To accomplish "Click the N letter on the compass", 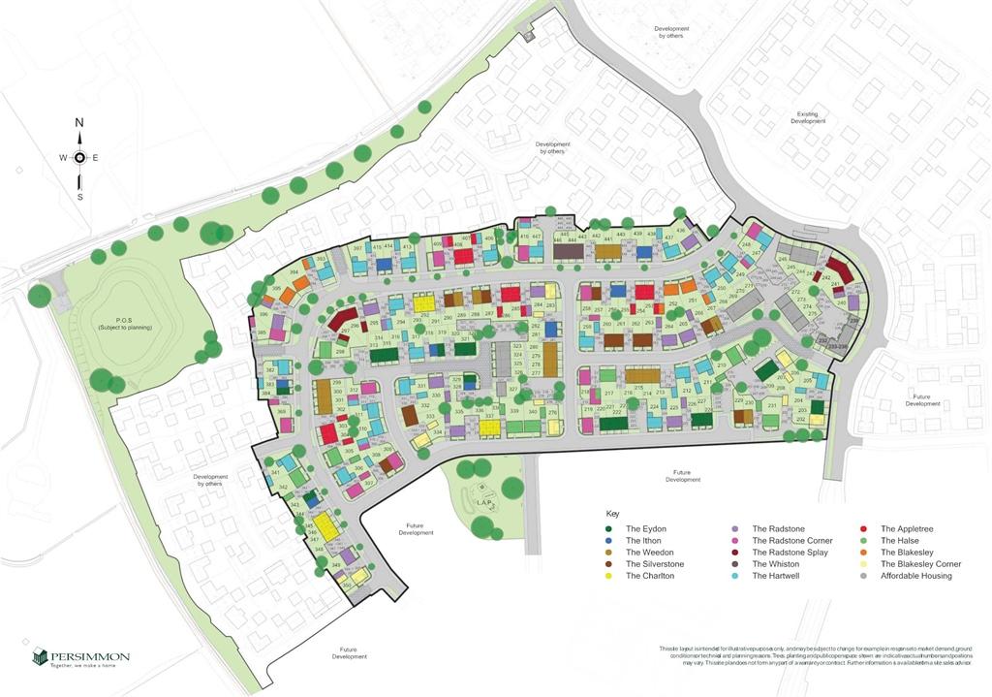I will [x=79, y=123].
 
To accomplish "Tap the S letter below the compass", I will [x=79, y=197].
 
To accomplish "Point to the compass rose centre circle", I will [x=79, y=158].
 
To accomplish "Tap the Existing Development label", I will [x=807, y=117].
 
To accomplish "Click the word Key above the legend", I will [x=612, y=513].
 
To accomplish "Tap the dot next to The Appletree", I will [x=862, y=529].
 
